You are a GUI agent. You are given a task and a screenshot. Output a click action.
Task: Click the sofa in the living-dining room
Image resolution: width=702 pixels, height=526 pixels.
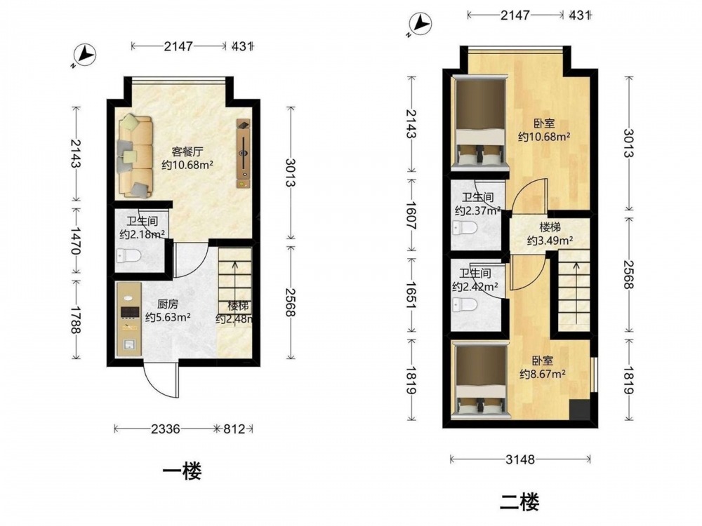135,156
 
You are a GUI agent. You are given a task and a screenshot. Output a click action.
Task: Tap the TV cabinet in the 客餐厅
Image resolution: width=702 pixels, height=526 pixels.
244,154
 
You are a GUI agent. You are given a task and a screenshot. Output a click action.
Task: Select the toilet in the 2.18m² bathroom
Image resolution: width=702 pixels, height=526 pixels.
128,256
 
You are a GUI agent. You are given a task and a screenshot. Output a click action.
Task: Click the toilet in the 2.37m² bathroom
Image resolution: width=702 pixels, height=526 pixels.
465,227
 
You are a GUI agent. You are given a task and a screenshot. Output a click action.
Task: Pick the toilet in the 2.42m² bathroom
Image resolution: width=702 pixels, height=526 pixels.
465,305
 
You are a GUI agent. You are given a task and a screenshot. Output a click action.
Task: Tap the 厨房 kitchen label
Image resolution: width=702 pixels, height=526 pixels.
168,304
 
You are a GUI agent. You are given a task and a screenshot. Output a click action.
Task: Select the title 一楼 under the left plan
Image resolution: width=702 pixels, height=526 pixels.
182,471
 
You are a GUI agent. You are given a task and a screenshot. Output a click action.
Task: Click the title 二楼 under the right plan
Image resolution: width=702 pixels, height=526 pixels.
519,501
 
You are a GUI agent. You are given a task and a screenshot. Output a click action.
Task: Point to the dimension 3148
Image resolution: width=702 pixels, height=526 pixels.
520,459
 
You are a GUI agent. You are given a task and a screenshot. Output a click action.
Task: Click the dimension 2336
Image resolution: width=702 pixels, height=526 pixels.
165,429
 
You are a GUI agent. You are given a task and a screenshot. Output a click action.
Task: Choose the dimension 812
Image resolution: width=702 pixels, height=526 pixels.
234,429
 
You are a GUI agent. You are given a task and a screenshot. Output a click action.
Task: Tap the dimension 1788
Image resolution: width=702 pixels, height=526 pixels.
75,320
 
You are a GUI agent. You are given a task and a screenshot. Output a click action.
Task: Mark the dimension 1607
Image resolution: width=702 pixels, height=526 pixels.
411,215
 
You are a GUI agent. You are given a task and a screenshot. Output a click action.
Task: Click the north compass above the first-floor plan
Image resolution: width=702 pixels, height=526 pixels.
84,55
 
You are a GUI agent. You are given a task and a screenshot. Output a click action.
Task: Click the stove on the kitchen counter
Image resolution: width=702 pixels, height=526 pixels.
131,312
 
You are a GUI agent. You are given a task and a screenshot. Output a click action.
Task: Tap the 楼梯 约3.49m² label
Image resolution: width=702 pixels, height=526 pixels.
550,234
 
